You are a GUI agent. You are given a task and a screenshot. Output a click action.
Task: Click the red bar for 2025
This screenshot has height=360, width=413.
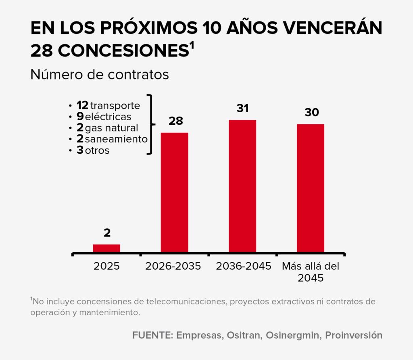[106, 248]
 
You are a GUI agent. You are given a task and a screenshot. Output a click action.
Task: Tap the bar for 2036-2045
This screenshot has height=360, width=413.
[242, 186]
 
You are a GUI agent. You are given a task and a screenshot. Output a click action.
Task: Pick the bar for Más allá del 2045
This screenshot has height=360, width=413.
[311, 188]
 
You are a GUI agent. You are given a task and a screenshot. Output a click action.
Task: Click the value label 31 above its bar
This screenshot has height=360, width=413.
[242, 109]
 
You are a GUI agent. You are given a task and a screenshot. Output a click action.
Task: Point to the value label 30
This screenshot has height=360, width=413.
[311, 113]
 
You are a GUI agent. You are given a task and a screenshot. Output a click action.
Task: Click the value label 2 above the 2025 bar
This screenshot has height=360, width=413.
[107, 233]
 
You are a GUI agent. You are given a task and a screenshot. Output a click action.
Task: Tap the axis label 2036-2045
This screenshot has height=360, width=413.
[243, 266]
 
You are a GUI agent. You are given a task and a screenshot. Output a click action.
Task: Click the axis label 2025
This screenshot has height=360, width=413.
[106, 266]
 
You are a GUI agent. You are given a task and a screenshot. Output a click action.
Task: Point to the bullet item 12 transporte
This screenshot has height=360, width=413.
[108, 106]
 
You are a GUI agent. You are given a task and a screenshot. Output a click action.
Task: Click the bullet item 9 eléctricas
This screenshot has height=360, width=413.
[104, 117]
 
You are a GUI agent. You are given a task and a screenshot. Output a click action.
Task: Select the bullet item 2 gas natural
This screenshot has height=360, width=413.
[107, 128]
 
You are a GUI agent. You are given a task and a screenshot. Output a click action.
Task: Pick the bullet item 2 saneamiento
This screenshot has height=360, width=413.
[112, 139]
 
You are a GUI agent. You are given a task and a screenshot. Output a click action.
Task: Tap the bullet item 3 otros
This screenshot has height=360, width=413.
[93, 150]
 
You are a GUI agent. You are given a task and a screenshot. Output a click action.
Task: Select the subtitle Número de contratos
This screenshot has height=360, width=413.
[99, 75]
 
